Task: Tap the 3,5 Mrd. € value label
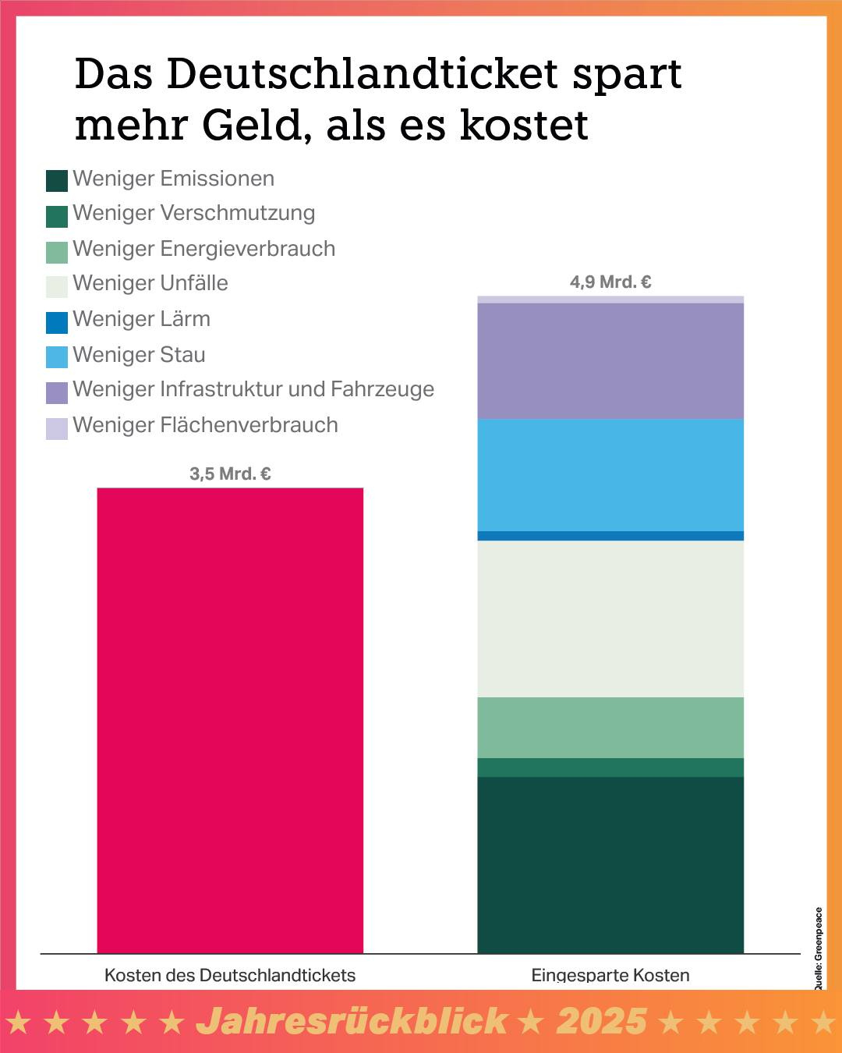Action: tap(230, 473)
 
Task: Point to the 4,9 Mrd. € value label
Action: tap(610, 282)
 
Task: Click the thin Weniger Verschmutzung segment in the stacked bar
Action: tap(610, 768)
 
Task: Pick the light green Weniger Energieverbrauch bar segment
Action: tap(610, 727)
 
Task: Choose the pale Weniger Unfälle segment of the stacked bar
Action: tap(610, 619)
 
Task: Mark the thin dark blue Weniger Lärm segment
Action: tap(610, 536)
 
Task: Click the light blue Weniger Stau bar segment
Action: tap(610, 475)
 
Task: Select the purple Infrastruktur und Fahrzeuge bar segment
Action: tap(610, 361)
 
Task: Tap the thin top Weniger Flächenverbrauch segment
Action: tap(610, 300)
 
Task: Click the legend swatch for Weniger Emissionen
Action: tap(57, 180)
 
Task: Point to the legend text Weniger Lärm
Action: tap(141, 319)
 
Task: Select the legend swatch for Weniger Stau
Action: tap(57, 356)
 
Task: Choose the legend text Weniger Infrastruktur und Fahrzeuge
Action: tap(253, 389)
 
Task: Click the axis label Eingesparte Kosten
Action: tap(610, 975)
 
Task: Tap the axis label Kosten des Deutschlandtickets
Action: tap(230, 975)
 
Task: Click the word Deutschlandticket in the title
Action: tap(363, 74)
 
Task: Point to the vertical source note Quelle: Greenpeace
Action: tap(819, 948)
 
